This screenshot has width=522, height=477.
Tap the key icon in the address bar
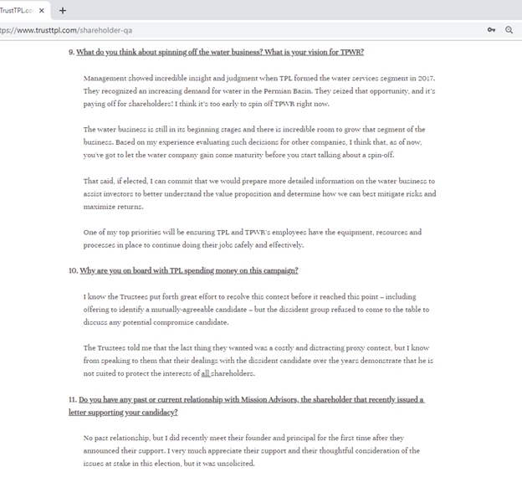coord(491,30)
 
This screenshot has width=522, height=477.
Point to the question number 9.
coord(71,52)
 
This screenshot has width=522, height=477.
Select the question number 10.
coord(73,270)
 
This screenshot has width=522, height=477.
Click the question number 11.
coord(72,400)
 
